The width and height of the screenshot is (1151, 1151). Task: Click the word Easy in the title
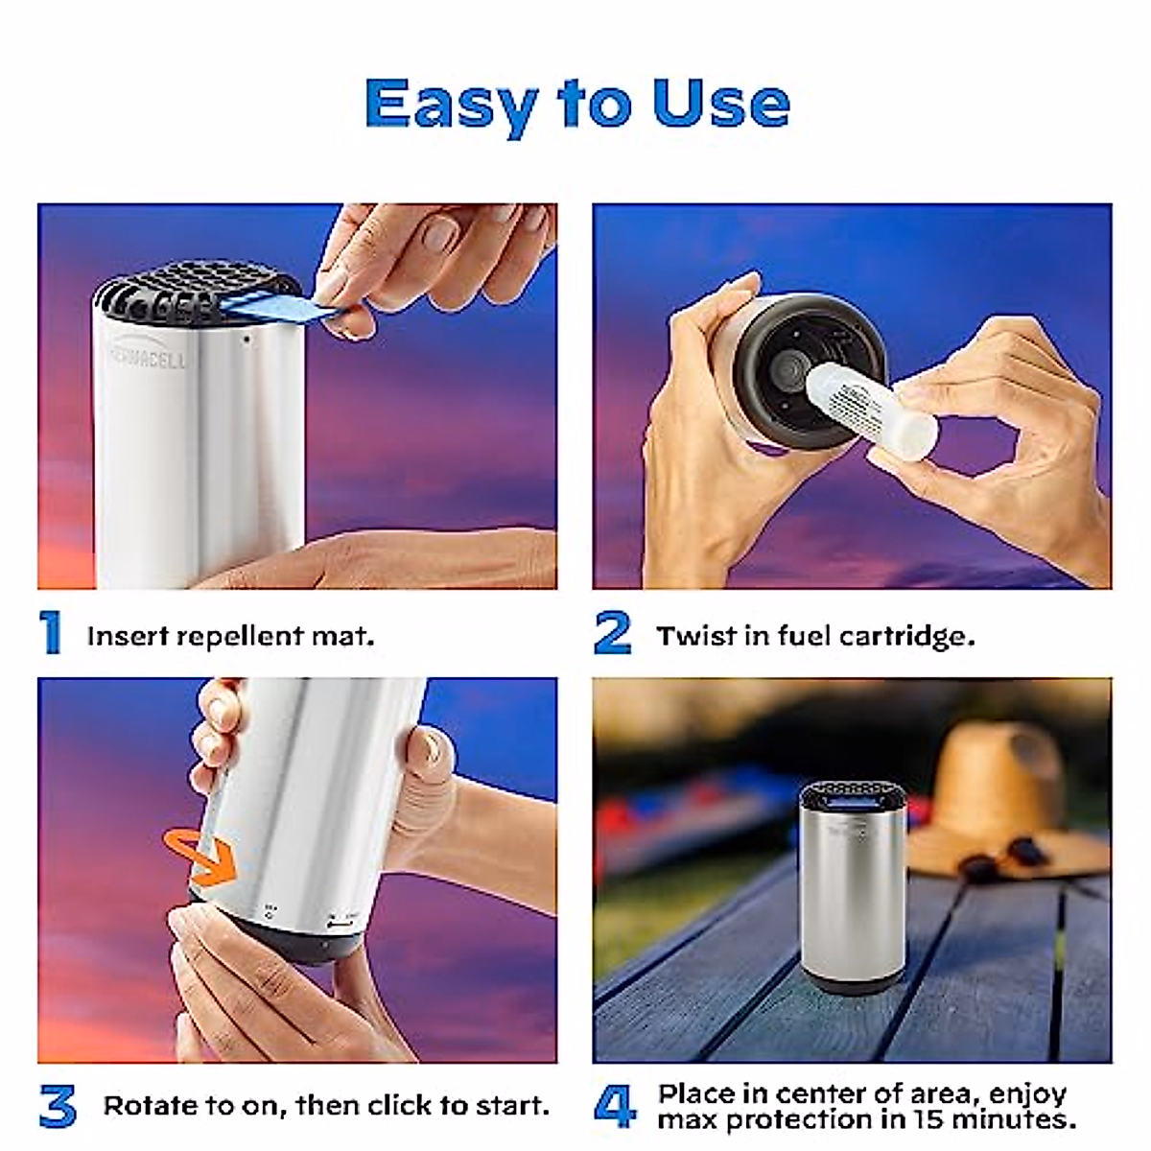click(x=449, y=104)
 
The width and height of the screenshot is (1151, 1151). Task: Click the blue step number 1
click(x=51, y=633)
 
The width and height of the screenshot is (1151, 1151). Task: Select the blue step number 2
click(x=613, y=633)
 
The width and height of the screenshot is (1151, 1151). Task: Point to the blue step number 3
click(x=58, y=1106)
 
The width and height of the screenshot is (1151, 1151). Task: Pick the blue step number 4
click(x=615, y=1106)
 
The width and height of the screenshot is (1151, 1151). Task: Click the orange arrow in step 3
click(x=202, y=857)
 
